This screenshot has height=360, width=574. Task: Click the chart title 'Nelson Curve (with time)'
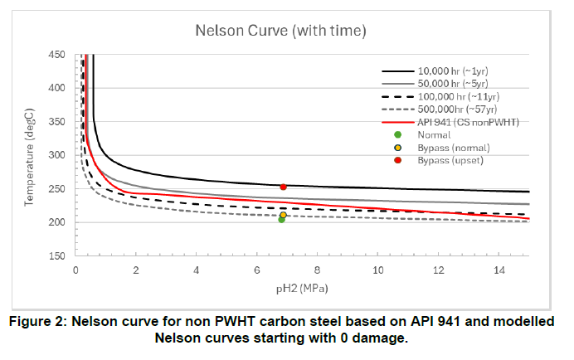click(x=280, y=31)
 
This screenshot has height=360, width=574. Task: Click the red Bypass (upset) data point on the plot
click(x=284, y=187)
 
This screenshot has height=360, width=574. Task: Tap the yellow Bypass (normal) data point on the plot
click(x=284, y=215)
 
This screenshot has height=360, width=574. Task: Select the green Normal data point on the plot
click(x=282, y=220)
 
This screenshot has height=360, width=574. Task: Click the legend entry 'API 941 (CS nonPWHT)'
click(x=468, y=122)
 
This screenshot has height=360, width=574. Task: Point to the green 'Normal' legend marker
click(x=398, y=134)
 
